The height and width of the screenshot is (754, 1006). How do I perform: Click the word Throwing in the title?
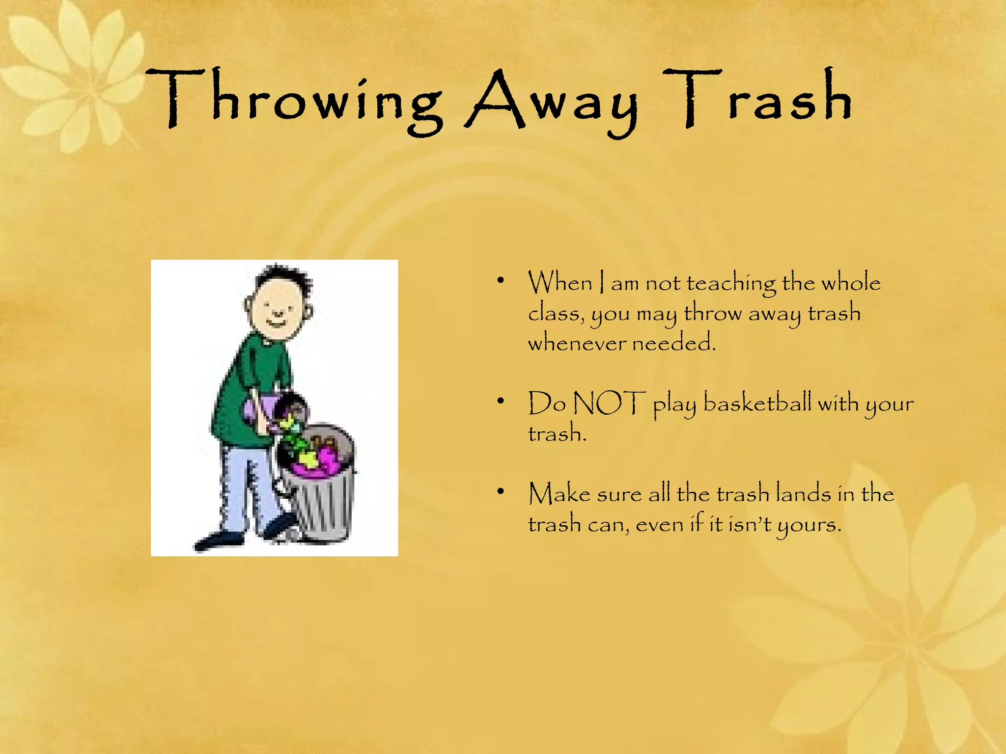coord(295,101)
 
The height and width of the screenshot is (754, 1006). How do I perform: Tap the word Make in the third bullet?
coord(559,493)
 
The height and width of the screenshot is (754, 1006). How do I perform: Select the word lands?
coord(802,493)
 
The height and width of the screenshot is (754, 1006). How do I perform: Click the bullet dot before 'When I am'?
coord(501,281)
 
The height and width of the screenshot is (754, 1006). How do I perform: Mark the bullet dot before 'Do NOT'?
coord(501,402)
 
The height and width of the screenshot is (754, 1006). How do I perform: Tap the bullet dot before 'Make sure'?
coord(501,491)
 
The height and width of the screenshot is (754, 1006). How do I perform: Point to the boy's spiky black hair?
coord(285,277)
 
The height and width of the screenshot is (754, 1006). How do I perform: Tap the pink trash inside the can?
coord(319,464)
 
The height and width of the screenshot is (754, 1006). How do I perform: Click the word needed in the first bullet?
coord(673,343)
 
